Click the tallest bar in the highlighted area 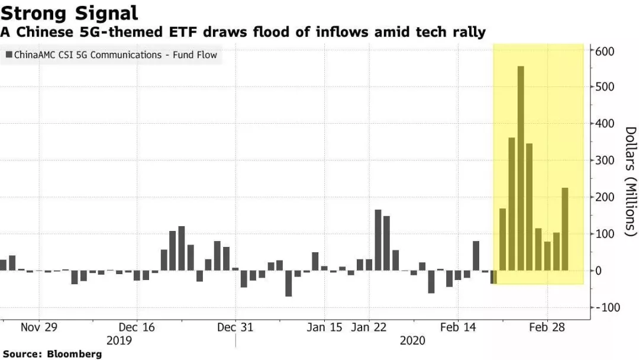(x=521, y=168)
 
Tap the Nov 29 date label (x=39, y=327)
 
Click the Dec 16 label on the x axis (x=137, y=327)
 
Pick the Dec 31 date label (x=235, y=327)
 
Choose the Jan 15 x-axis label (x=325, y=327)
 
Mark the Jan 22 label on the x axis (x=369, y=327)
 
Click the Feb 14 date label (x=458, y=327)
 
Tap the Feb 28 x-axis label (x=547, y=327)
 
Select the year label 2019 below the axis (x=120, y=340)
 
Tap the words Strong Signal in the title (x=69, y=12)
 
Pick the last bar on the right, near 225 (x=565, y=229)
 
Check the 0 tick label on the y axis (x=599, y=271)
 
